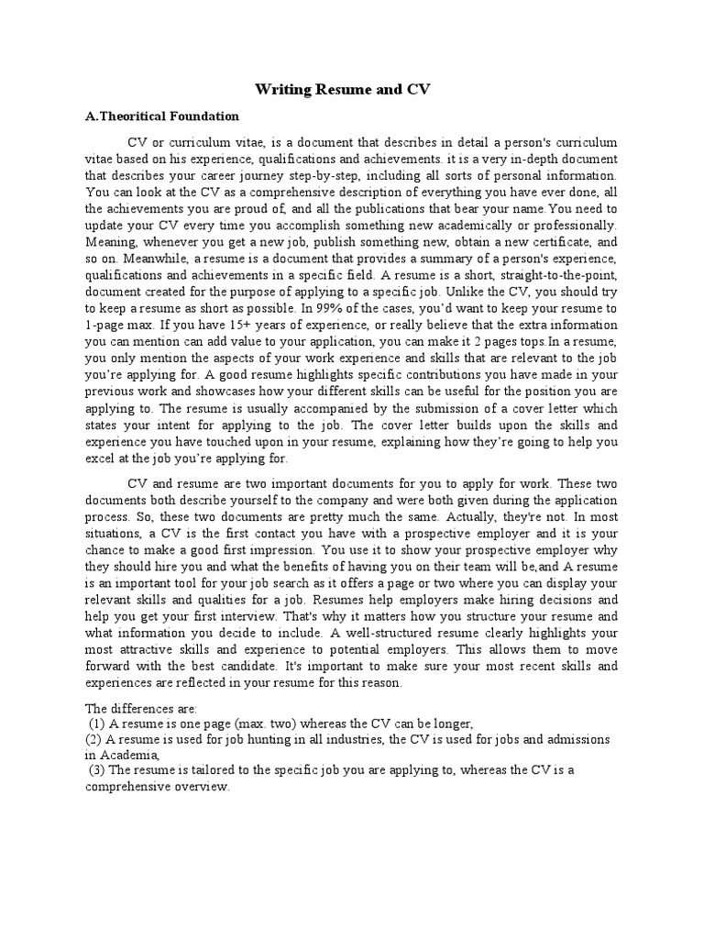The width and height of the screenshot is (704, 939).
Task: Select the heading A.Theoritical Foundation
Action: tap(162, 116)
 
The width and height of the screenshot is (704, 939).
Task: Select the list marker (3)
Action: tap(97, 769)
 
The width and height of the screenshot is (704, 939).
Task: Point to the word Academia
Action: tap(131, 755)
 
